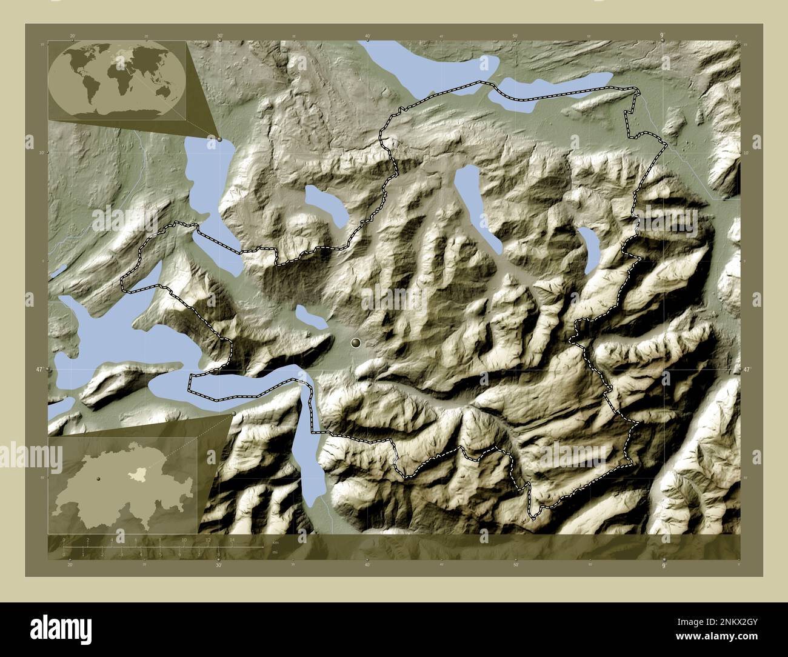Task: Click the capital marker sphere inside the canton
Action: click(356, 344)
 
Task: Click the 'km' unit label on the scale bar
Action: click(275, 542)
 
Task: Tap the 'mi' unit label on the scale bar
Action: click(275, 552)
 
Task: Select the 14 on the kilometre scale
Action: click(232, 539)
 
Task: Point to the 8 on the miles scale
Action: click(218, 554)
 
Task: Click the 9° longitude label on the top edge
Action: click(663, 36)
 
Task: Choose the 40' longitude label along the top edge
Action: click(367, 36)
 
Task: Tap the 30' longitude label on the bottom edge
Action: click(219, 565)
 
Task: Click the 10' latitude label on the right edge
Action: click(755, 153)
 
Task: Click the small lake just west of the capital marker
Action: click(310, 318)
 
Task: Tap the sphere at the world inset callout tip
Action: click(219, 139)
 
